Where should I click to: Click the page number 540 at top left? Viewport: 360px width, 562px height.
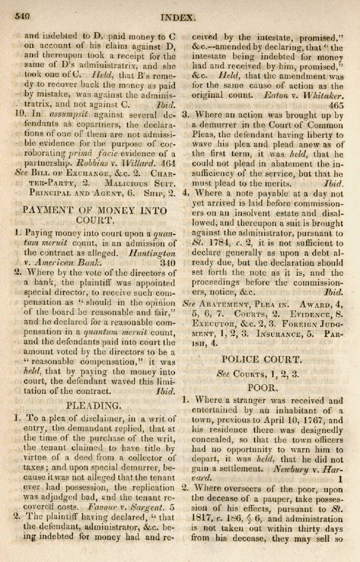point(23,16)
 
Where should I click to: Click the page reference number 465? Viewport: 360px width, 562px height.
point(337,105)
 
